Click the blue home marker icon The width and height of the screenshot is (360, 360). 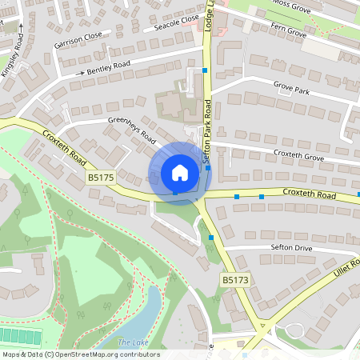point(180,173)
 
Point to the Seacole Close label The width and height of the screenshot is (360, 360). point(178,22)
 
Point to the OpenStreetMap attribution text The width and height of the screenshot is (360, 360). point(80,354)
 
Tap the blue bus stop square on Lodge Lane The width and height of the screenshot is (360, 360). point(206,70)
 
